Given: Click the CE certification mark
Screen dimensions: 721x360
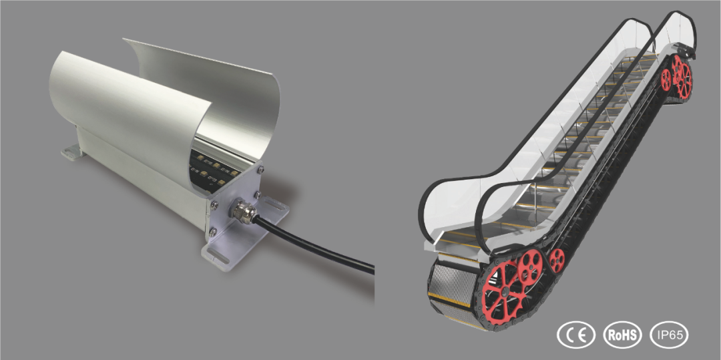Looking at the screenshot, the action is click(575, 334).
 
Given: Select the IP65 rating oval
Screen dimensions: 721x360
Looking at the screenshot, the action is click(669, 334).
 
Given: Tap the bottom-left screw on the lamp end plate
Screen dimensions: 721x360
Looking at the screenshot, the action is click(213, 233).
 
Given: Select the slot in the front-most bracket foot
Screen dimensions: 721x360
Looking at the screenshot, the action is click(219, 256).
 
